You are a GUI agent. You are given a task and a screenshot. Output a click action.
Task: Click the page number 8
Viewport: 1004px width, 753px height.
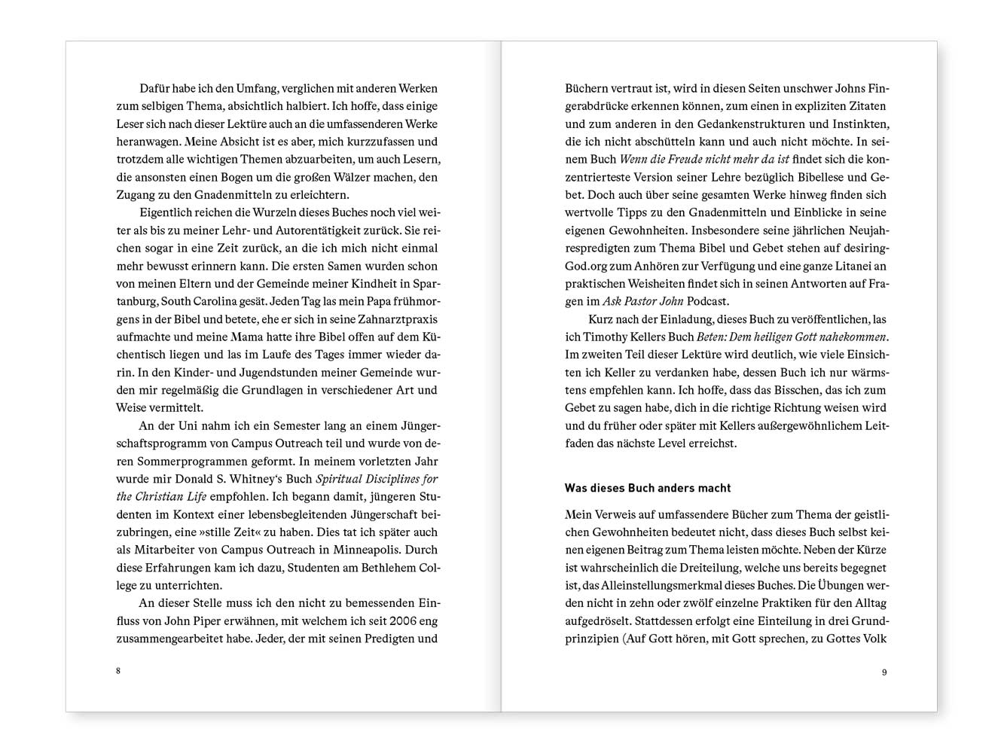pos(118,671)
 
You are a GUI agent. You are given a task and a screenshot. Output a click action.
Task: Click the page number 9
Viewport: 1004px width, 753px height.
pos(884,672)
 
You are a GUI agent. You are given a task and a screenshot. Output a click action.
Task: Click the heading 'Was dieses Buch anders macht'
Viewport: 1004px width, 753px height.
pos(648,488)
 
